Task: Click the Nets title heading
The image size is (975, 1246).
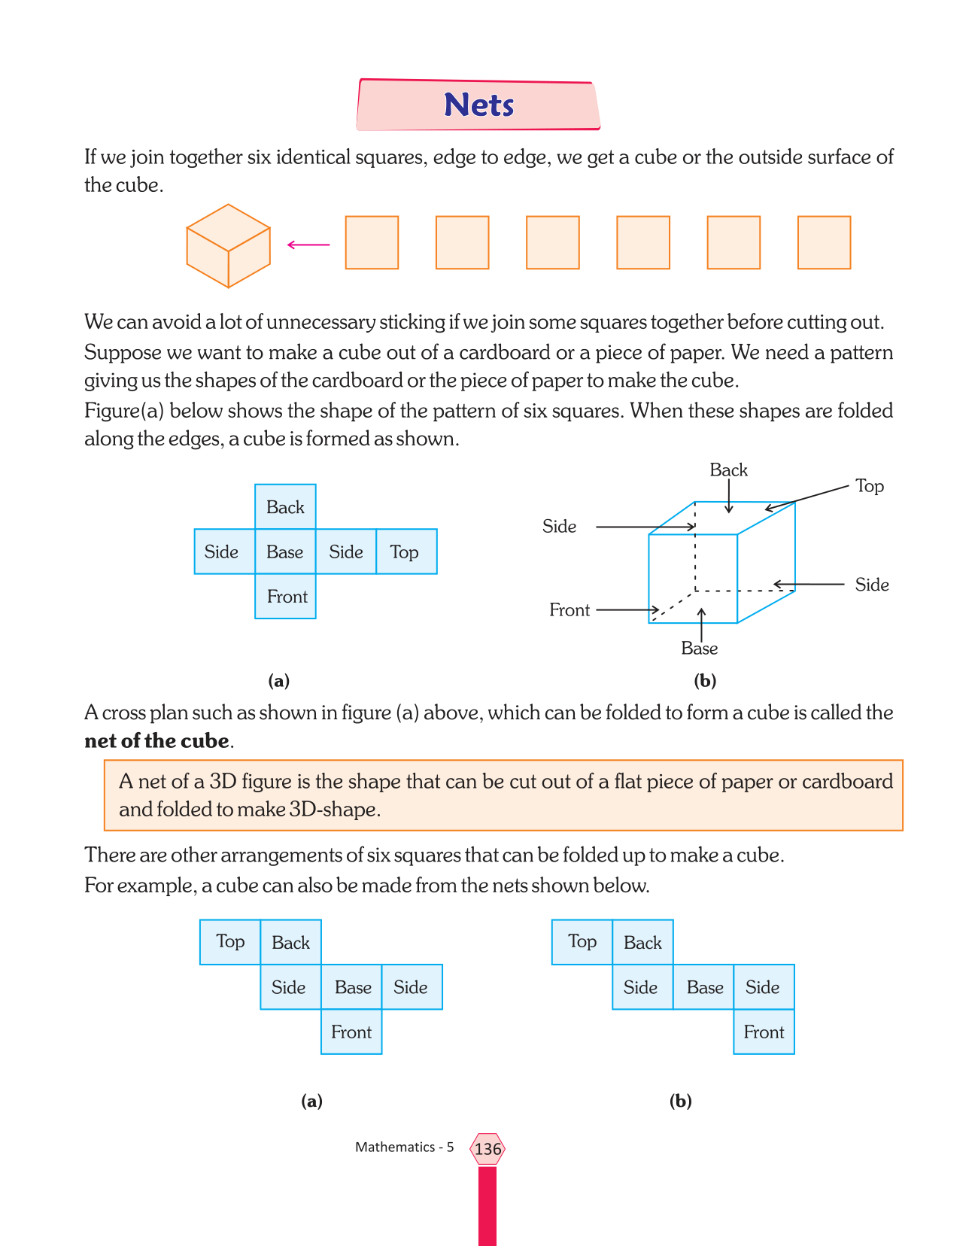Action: click(x=478, y=105)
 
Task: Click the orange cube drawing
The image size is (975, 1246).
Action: click(x=228, y=245)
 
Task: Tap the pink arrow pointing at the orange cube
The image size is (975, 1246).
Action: click(x=308, y=245)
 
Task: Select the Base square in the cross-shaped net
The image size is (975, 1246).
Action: click(x=285, y=552)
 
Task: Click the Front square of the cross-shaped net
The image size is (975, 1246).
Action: click(x=286, y=597)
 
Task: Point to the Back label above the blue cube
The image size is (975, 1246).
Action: click(x=728, y=470)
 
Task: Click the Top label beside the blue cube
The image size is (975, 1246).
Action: click(x=870, y=486)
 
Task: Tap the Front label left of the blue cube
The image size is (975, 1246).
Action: click(x=570, y=610)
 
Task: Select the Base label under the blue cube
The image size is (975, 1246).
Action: click(x=700, y=649)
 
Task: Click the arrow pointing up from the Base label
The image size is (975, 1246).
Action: click(x=702, y=624)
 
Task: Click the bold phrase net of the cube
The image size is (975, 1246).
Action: click(x=156, y=741)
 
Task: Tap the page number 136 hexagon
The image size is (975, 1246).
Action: click(x=487, y=1149)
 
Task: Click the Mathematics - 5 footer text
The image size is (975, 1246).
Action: click(x=405, y=1147)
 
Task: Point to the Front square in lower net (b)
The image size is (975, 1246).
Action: click(x=764, y=1032)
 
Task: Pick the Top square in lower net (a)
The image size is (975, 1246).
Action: click(x=230, y=942)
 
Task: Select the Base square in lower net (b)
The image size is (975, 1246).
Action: click(x=704, y=987)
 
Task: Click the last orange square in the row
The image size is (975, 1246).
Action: click(x=824, y=242)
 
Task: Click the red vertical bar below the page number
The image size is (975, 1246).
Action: click(x=487, y=1204)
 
